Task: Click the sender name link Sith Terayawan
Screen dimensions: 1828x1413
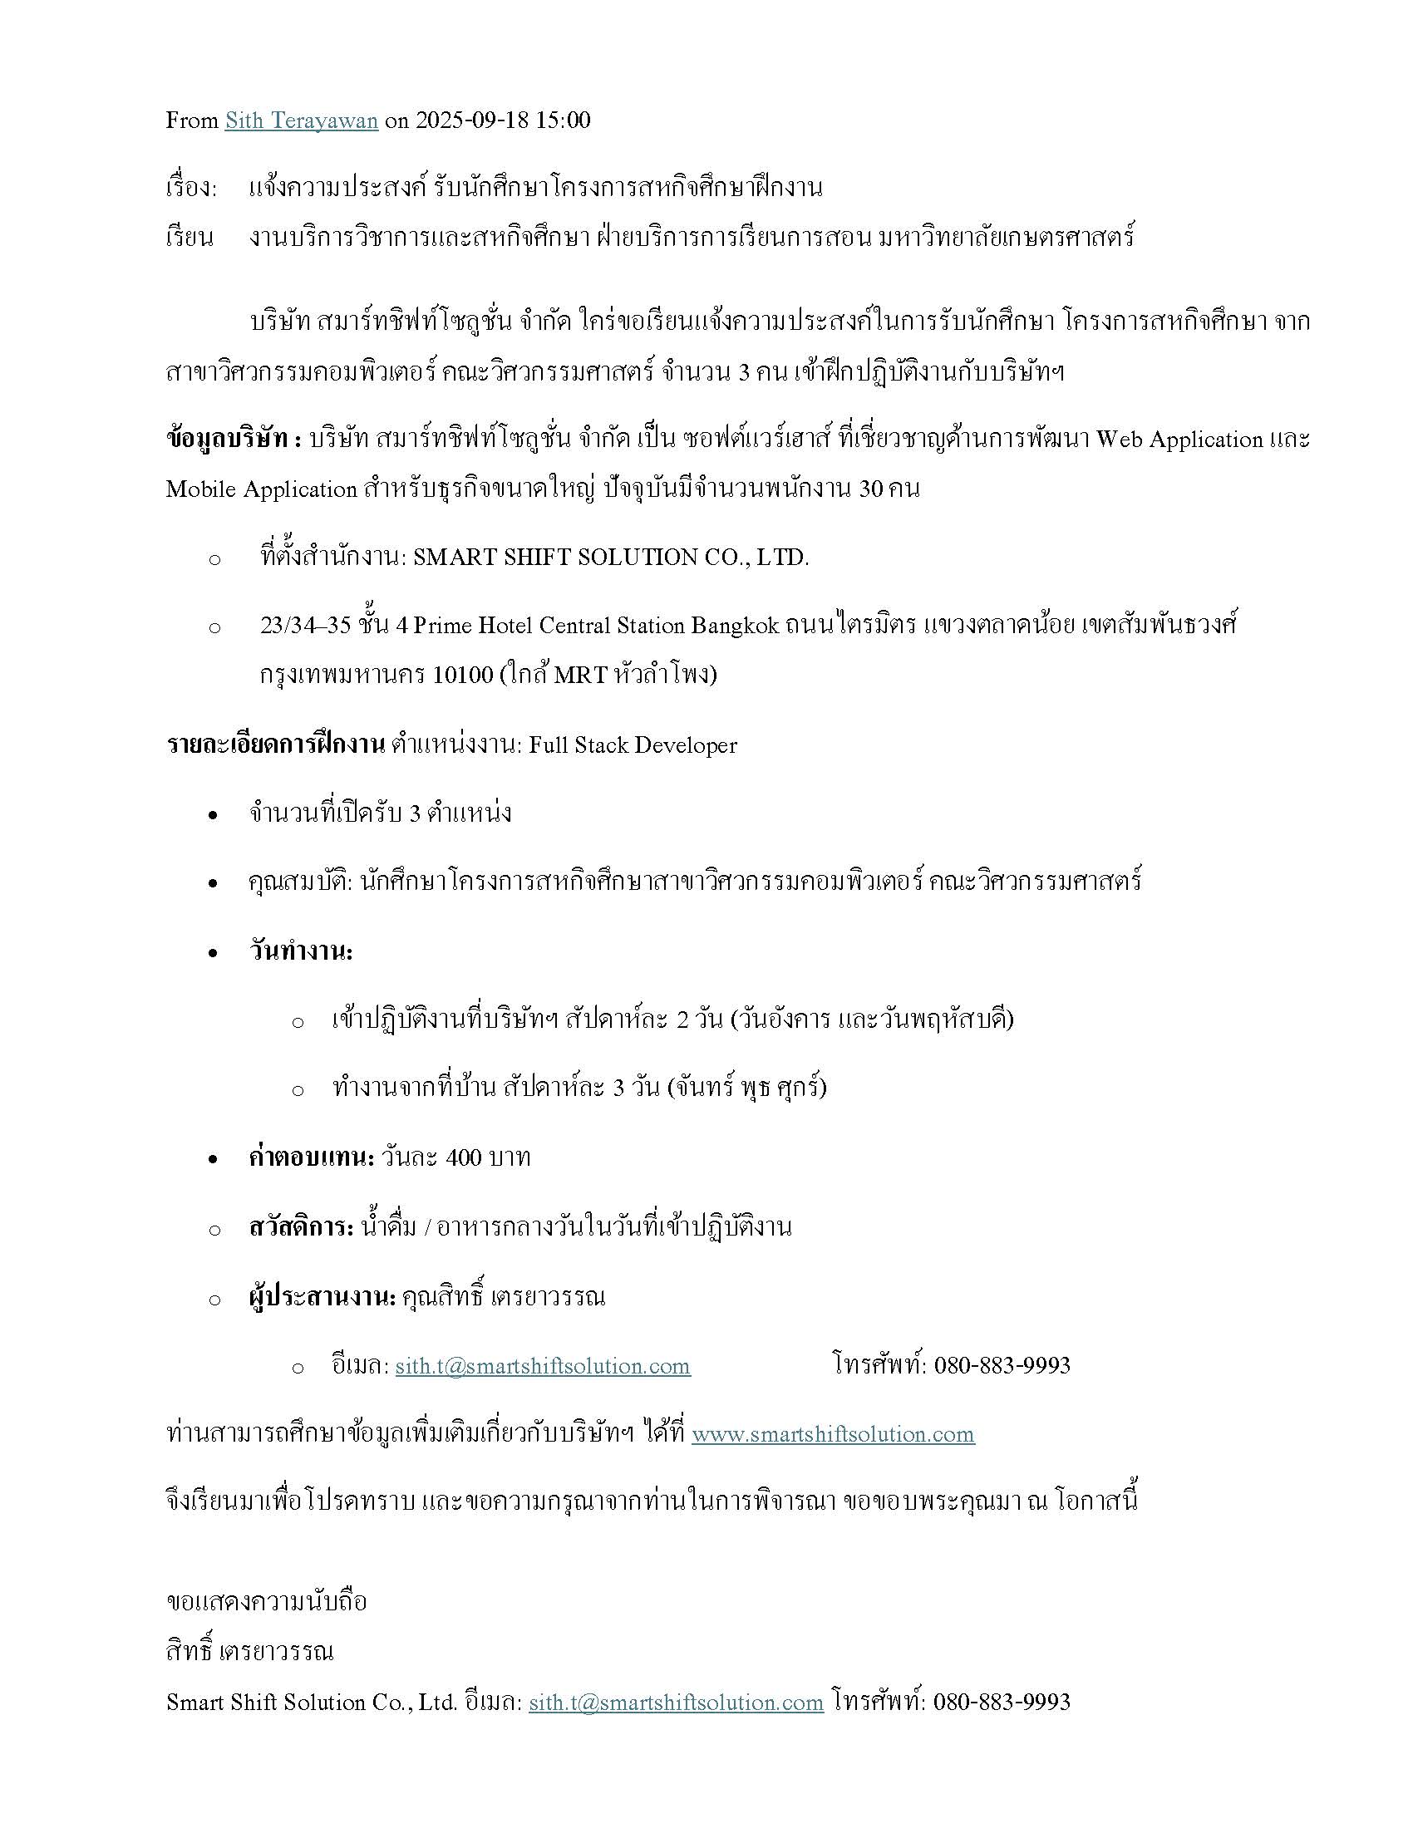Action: tap(302, 120)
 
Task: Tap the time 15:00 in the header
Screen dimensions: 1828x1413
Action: tap(564, 120)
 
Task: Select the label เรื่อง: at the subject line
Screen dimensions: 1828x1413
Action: tap(192, 188)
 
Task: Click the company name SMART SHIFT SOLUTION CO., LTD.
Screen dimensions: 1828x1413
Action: tap(611, 558)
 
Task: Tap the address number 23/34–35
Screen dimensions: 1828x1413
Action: tap(305, 625)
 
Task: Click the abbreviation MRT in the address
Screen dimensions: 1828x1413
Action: tap(581, 675)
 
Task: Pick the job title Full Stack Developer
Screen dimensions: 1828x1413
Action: tap(632, 745)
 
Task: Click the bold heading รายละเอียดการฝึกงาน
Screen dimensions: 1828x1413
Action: tap(274, 745)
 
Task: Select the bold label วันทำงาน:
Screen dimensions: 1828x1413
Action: tap(301, 951)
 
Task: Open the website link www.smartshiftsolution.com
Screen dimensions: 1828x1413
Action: tap(833, 1435)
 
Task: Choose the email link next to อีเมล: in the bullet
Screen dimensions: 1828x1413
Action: tap(543, 1366)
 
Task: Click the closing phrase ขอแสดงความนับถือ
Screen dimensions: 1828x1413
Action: tap(266, 1602)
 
